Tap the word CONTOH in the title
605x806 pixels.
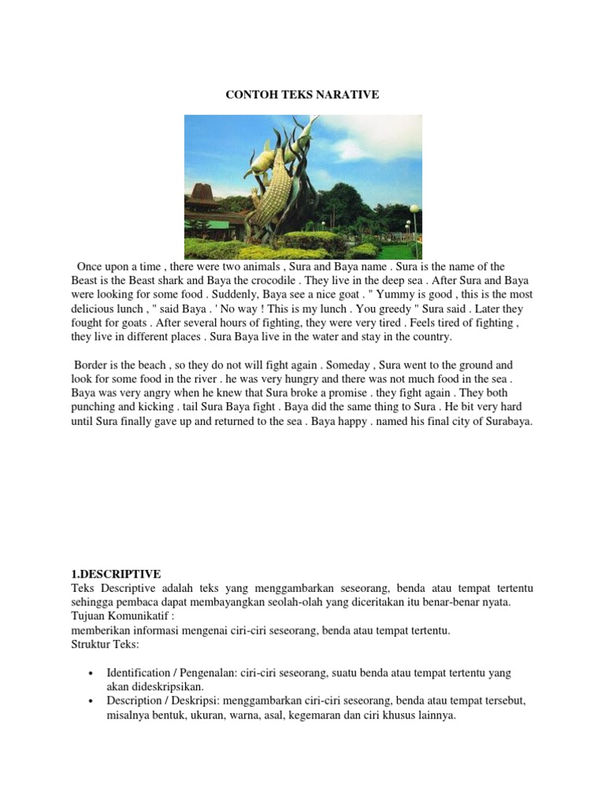(x=249, y=94)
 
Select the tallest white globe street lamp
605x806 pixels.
(x=414, y=209)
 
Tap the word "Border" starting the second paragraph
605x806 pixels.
(x=92, y=365)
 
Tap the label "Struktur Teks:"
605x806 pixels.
(x=105, y=645)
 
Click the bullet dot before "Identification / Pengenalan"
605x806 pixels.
(x=92, y=674)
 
